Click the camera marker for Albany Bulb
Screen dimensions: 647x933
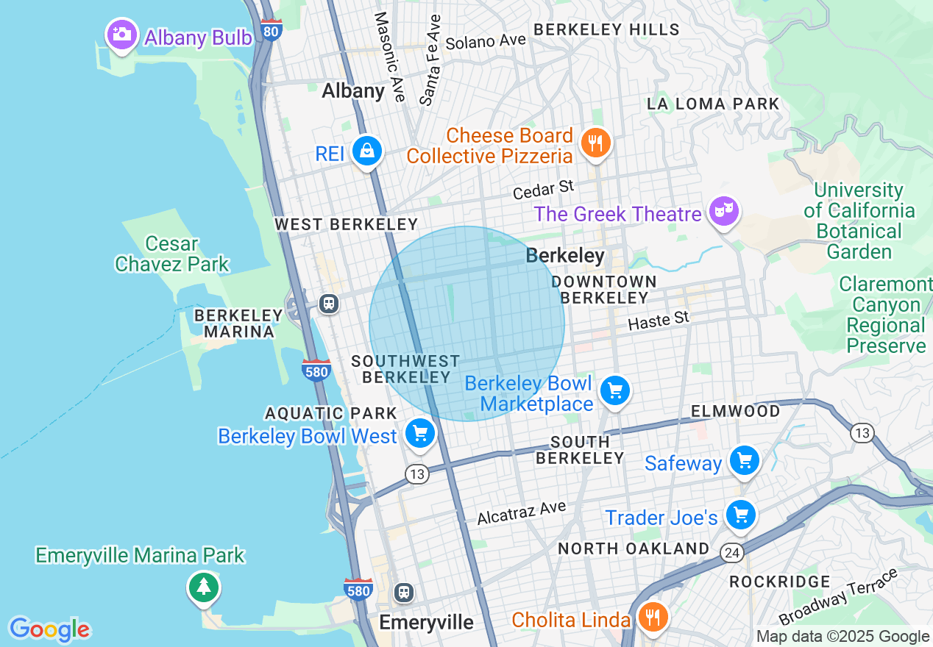[x=121, y=35]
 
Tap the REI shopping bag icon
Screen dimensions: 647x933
[x=366, y=151]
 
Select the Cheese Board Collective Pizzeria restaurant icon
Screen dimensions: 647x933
[x=595, y=143]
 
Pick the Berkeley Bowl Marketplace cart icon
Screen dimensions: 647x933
[x=614, y=390]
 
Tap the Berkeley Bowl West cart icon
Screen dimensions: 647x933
[x=420, y=434]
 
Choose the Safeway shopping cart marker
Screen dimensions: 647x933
[x=744, y=461]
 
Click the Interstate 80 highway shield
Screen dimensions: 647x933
[x=272, y=29]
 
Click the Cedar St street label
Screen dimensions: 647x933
[x=543, y=190]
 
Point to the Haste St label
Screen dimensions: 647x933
[x=659, y=320]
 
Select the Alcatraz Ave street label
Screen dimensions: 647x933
[x=521, y=512]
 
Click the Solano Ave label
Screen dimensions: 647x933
[x=486, y=41]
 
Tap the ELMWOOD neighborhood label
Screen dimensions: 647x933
[x=735, y=411]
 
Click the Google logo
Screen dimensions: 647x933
[x=49, y=629]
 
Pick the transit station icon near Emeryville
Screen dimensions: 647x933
[x=403, y=592]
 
